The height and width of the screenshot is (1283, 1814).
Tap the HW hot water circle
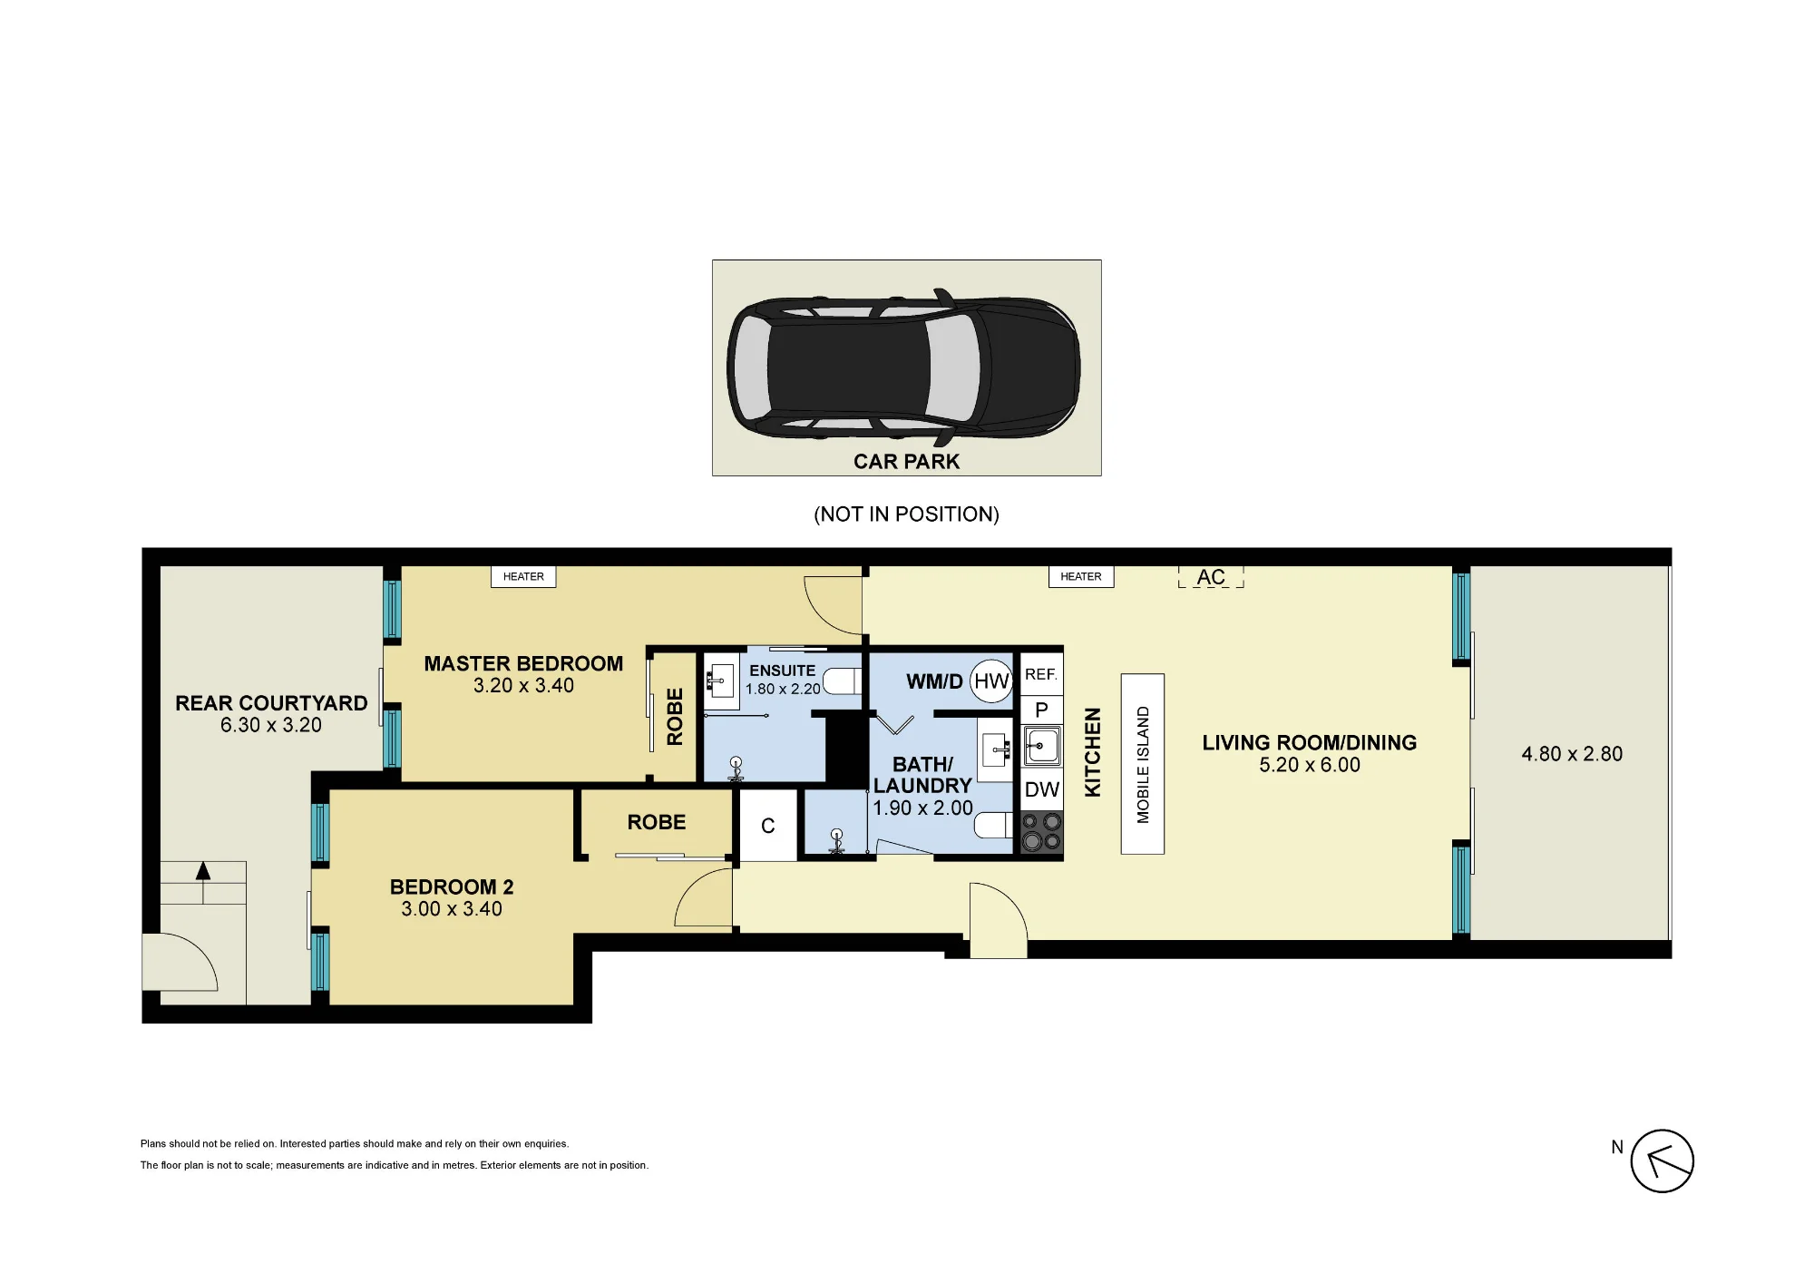pos(991,681)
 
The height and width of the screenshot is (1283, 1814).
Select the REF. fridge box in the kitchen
pos(1041,674)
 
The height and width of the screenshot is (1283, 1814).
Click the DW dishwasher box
pos(1042,789)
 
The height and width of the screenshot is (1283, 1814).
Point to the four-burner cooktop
pos(1042,832)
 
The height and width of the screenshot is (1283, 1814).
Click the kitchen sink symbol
pos(1042,746)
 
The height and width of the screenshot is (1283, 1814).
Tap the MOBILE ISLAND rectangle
pos(1143,764)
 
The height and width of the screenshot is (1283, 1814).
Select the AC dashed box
pos(1211,577)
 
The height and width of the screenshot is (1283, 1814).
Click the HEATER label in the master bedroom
pos(523,576)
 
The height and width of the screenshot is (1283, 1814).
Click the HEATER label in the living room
pos(1081,576)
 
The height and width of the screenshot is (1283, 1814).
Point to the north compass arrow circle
pos(1662,1161)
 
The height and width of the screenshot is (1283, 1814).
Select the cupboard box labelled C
pos(768,825)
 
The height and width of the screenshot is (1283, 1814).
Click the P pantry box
pos(1041,710)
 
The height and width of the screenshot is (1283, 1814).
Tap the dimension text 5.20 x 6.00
pos(1310,765)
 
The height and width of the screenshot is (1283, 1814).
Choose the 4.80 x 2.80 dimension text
pos(1572,754)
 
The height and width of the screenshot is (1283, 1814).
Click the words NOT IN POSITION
pos(907,514)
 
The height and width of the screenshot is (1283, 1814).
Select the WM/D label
pos(934,681)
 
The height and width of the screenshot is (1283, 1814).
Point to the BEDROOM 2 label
pos(452,886)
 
